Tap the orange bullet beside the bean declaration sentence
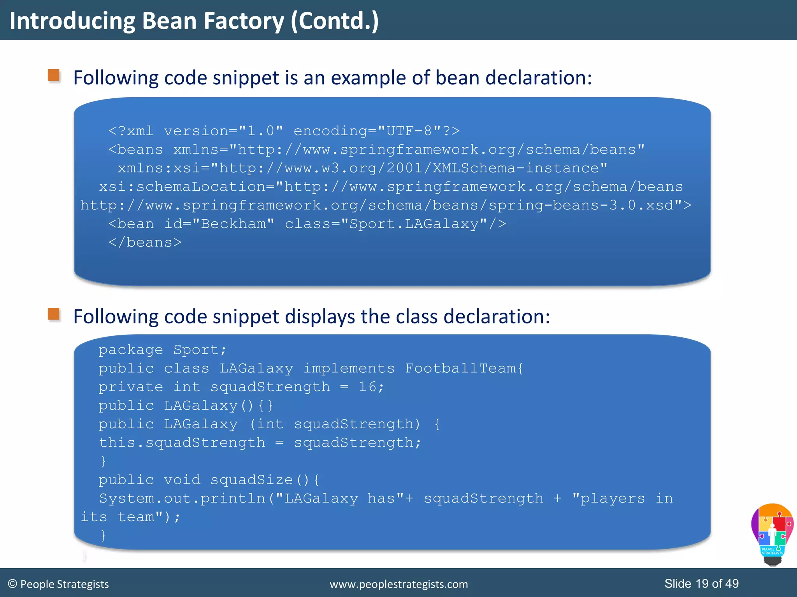click(x=54, y=75)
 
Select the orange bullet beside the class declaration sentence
click(x=54, y=314)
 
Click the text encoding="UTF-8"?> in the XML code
click(x=376, y=131)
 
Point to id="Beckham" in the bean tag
click(x=219, y=224)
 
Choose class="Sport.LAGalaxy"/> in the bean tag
click(x=395, y=224)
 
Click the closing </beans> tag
click(x=145, y=243)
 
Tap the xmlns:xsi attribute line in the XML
click(x=362, y=168)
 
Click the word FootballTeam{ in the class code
click(x=464, y=368)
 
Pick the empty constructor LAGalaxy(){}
click(x=218, y=405)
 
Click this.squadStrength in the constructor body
click(x=182, y=443)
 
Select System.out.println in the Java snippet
click(x=182, y=498)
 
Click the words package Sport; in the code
click(x=162, y=350)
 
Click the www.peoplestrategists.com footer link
click(x=398, y=584)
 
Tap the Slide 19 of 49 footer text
click(x=701, y=583)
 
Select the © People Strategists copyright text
click(x=58, y=584)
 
